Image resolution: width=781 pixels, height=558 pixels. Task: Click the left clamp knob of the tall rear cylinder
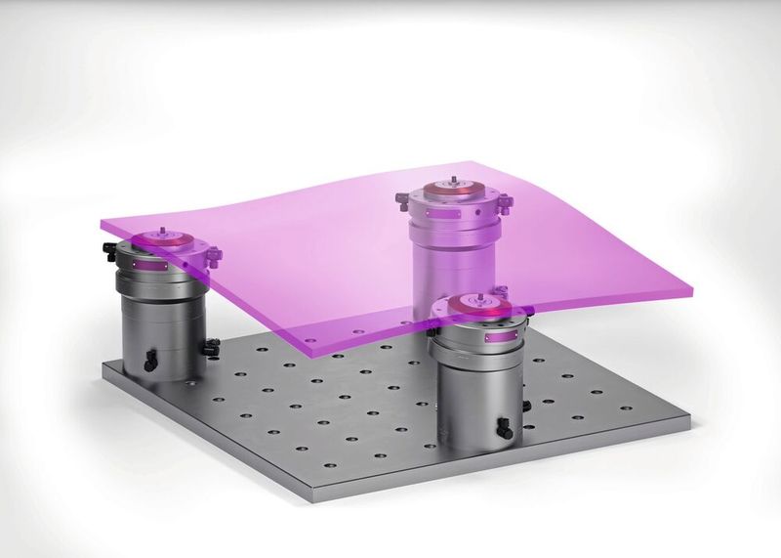tap(402, 200)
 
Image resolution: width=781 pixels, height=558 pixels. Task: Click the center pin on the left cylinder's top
tap(156, 235)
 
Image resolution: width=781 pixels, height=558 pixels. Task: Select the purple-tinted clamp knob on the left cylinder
tap(213, 256)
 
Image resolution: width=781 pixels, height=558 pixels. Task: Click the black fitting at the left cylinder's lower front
tap(149, 363)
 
